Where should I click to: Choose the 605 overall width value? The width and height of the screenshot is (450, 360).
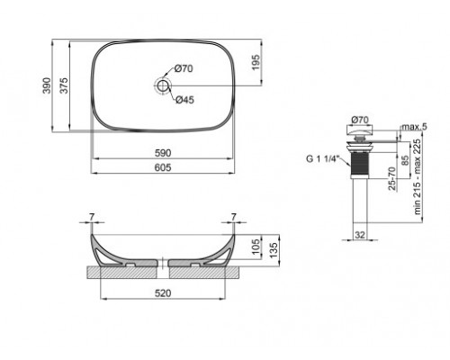coord(163,168)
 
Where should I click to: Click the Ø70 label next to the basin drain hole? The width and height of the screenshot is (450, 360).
coord(185,68)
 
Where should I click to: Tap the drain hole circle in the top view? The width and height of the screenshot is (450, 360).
coord(163,85)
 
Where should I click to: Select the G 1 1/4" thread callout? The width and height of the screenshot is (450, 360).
coord(322,159)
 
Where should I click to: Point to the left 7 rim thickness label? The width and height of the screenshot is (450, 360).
coord(92,217)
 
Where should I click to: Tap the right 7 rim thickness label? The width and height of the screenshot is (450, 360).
coord(234,217)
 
